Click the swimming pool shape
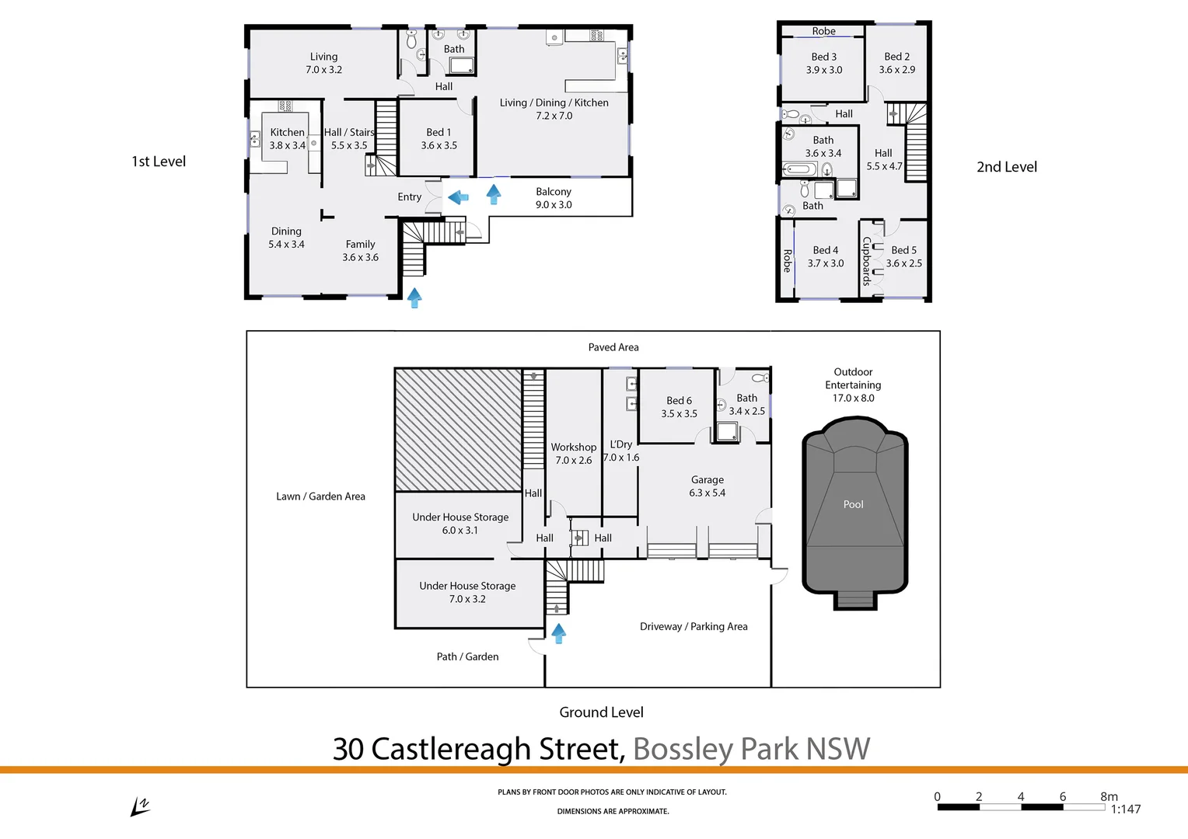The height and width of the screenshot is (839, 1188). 854,513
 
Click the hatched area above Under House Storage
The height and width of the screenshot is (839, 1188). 458,430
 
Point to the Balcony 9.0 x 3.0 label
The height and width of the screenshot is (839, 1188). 554,198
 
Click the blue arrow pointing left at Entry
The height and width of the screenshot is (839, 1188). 459,197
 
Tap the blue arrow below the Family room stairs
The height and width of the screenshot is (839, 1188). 414,298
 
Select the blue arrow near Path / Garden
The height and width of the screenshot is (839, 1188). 558,633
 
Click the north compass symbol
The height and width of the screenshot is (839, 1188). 140,807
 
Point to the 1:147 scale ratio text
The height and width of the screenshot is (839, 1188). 1125,809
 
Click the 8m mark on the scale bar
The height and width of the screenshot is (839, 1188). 1108,797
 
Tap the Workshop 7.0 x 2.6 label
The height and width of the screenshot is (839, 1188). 574,454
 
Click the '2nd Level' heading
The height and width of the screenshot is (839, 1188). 1006,167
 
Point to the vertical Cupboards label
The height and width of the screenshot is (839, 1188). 866,261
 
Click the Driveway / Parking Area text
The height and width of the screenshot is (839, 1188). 694,627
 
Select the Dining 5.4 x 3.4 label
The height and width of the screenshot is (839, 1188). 286,238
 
